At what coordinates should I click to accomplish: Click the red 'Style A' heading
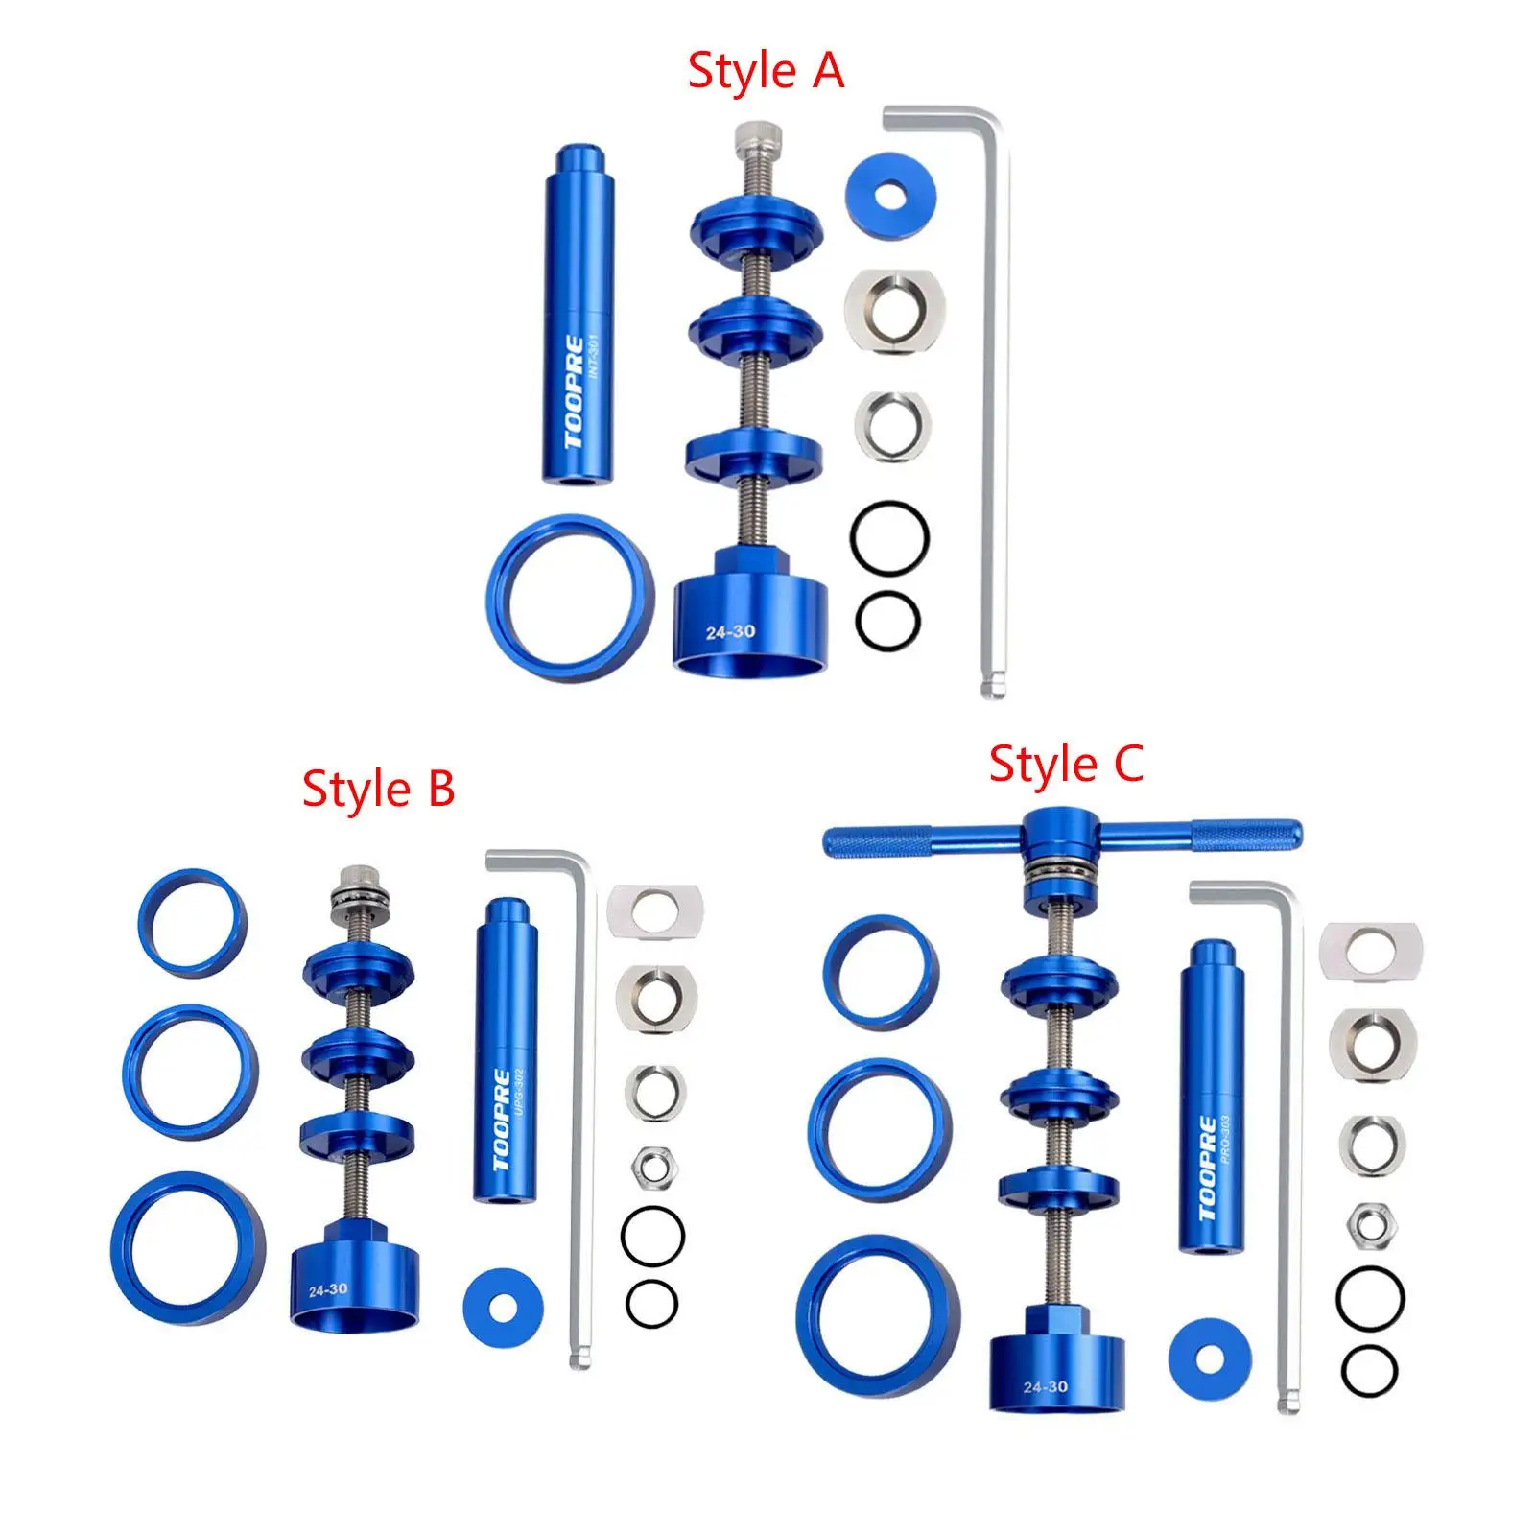click(766, 72)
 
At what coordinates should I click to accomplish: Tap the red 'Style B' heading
click(378, 790)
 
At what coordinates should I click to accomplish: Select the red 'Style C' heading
click(1066, 765)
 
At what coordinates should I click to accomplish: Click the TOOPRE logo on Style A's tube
click(574, 392)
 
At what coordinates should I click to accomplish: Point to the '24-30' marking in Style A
click(730, 632)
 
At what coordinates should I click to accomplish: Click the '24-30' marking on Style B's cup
click(328, 1290)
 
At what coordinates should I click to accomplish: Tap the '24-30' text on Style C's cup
click(1045, 1386)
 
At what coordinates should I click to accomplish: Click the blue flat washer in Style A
click(891, 195)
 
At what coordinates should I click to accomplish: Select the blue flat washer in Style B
click(503, 1307)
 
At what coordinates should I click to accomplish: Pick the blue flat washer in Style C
click(1210, 1358)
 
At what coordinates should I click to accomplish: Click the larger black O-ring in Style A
click(889, 538)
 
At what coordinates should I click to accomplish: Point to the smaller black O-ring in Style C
click(1369, 1371)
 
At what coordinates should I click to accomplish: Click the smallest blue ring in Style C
click(881, 972)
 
